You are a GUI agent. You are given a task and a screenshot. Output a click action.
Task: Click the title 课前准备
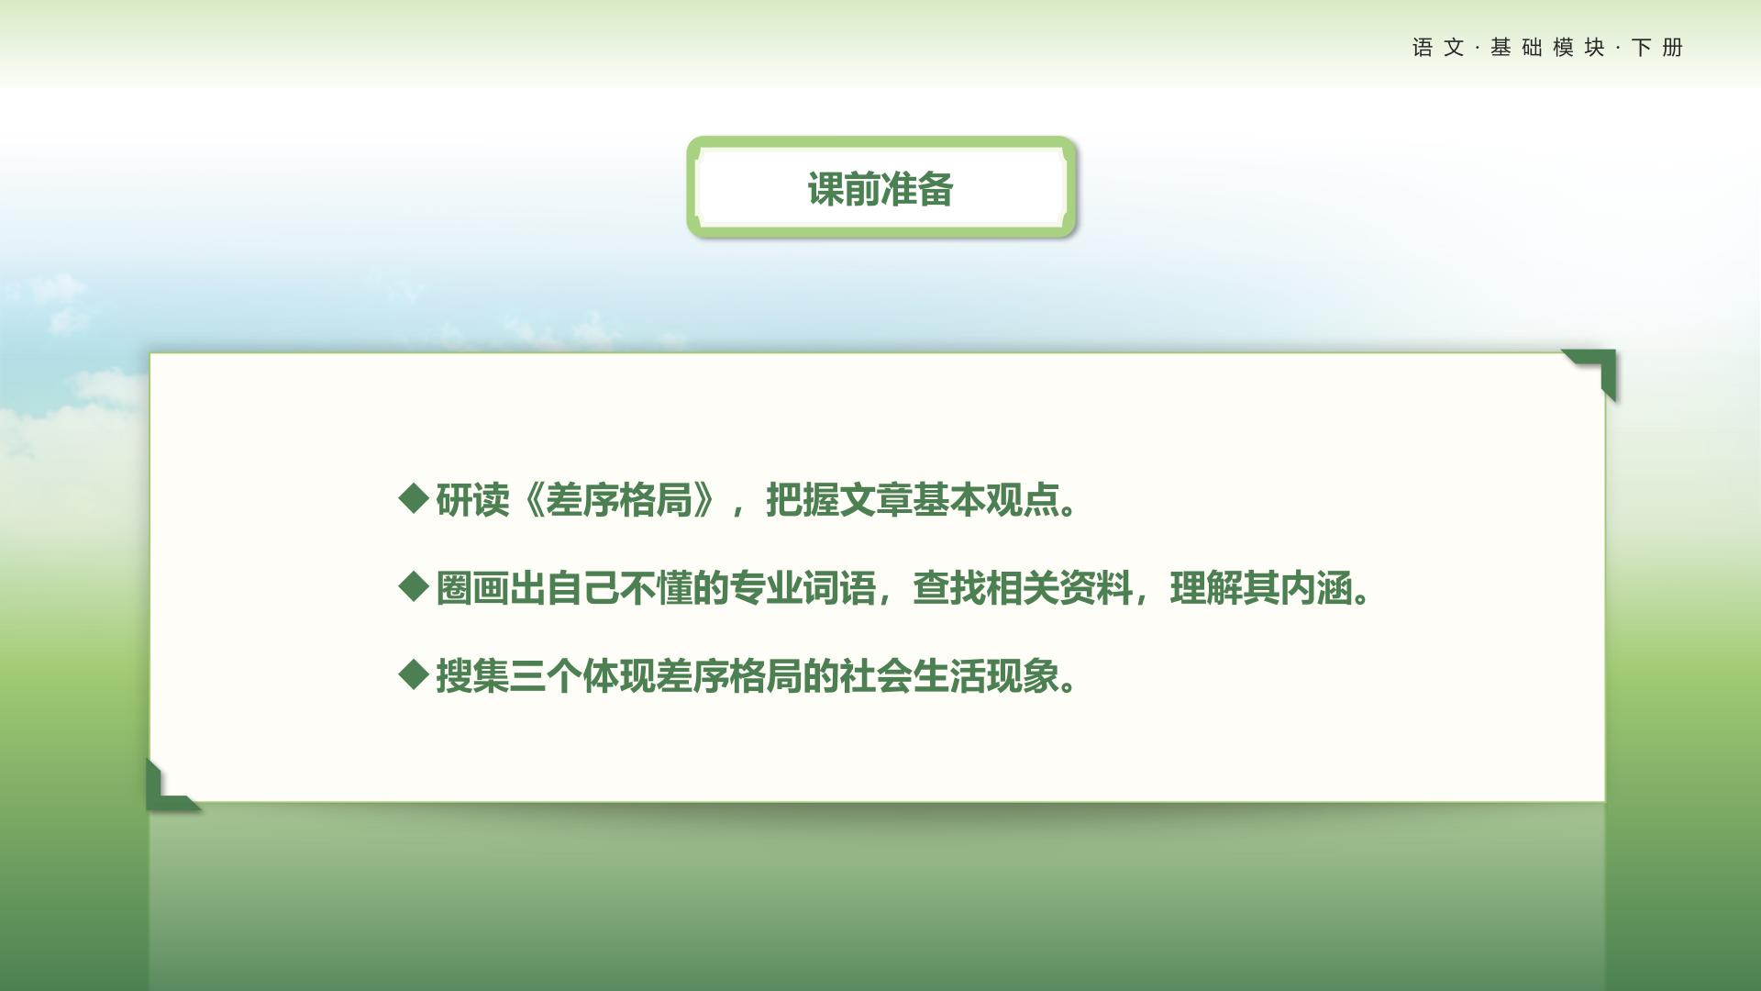pyautogui.click(x=880, y=189)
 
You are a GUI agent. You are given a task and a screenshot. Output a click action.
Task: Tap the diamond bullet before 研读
pyautogui.click(x=415, y=498)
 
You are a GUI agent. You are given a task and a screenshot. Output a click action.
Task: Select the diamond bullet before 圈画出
pyautogui.click(x=415, y=586)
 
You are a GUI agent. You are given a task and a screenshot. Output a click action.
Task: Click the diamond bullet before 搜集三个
pyautogui.click(x=415, y=675)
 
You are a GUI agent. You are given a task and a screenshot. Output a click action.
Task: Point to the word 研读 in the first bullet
pyautogui.click(x=472, y=500)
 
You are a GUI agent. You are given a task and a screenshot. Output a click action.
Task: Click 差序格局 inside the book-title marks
pyautogui.click(x=619, y=500)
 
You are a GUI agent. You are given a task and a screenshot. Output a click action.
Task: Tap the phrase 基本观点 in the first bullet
pyautogui.click(x=986, y=500)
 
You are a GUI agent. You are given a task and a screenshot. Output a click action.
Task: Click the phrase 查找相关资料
pyautogui.click(x=1023, y=588)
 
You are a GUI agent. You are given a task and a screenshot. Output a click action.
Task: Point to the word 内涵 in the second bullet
pyautogui.click(x=1316, y=588)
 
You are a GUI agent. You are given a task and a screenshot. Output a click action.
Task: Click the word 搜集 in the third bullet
pyautogui.click(x=472, y=677)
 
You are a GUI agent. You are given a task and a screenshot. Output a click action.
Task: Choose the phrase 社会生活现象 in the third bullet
pyautogui.click(x=949, y=677)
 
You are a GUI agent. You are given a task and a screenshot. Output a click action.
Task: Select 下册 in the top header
pyautogui.click(x=1657, y=48)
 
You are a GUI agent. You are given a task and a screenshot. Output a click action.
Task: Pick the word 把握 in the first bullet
pyautogui.click(x=803, y=500)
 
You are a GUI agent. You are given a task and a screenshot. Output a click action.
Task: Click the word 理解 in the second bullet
pyautogui.click(x=1206, y=588)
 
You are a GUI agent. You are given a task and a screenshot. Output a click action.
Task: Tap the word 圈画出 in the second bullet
pyautogui.click(x=491, y=588)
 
